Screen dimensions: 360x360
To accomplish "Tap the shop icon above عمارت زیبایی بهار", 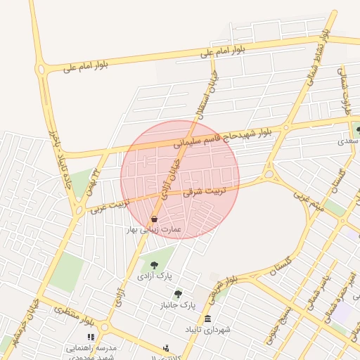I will [x=154, y=219].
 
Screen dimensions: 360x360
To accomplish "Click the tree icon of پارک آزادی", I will [x=154, y=265].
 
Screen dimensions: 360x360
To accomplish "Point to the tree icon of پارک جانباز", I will [x=178, y=294].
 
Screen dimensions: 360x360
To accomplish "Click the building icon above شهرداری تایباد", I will [x=207, y=319].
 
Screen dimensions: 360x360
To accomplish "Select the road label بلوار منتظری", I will [x=73, y=315].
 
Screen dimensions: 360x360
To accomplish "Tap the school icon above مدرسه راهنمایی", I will [x=90, y=337].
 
